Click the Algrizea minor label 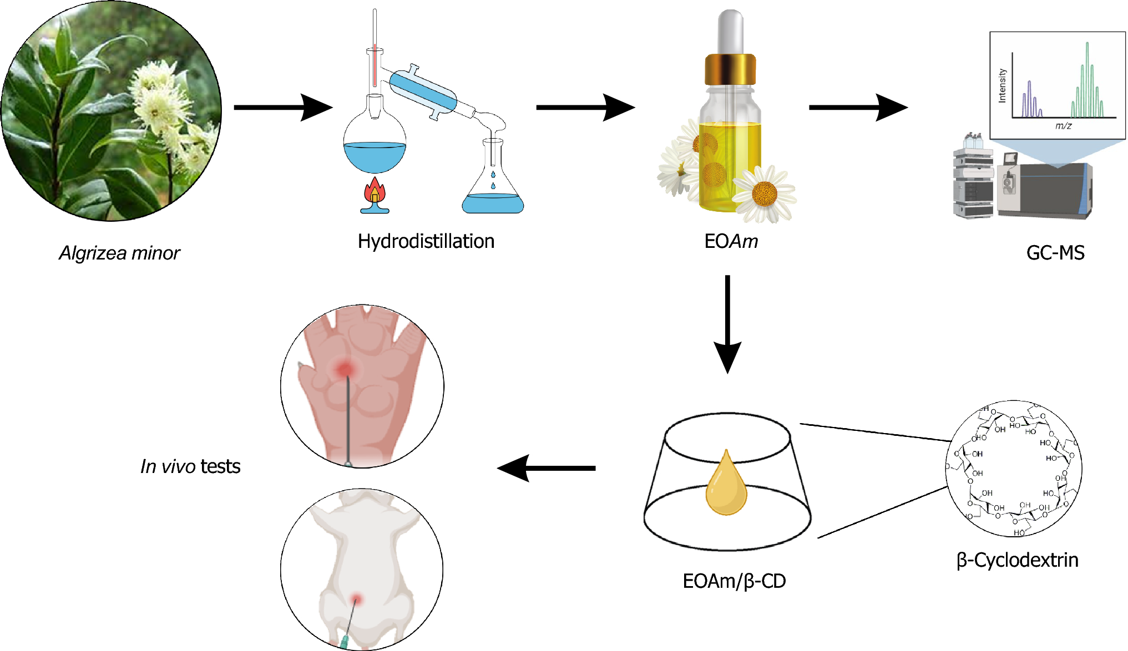(x=119, y=253)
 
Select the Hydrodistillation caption (x=426, y=241)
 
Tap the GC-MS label (x=1055, y=253)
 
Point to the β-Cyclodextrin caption (x=1017, y=560)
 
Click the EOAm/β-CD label (x=734, y=581)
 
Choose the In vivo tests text (x=190, y=466)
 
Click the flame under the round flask (x=375, y=192)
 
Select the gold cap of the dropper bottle (x=730, y=69)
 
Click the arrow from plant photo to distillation (x=283, y=107)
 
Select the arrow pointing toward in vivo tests (x=547, y=468)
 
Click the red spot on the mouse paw (x=345, y=369)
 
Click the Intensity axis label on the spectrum (x=1002, y=85)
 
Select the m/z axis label (x=1063, y=126)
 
